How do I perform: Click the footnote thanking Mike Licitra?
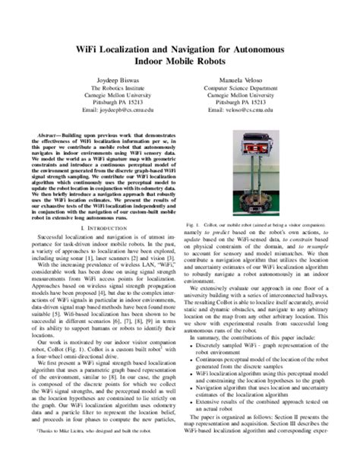pyautogui.click(x=84, y=452)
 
